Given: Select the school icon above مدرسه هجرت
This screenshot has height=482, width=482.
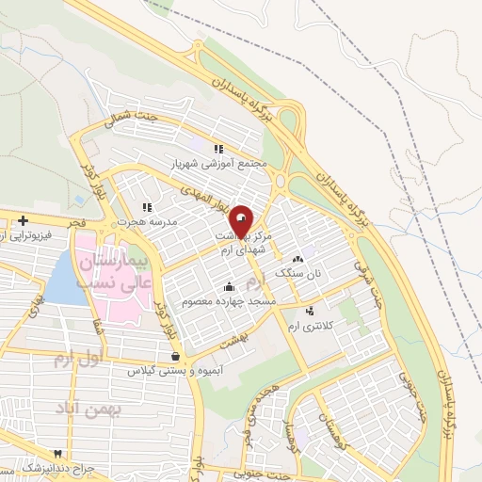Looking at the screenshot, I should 147,207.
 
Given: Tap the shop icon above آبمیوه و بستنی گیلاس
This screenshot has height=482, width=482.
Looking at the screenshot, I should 177,355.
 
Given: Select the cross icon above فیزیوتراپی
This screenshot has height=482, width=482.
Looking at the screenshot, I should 22,220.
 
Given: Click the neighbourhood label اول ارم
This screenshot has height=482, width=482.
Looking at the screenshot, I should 76,359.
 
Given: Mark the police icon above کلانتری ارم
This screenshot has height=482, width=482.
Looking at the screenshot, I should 311,311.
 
